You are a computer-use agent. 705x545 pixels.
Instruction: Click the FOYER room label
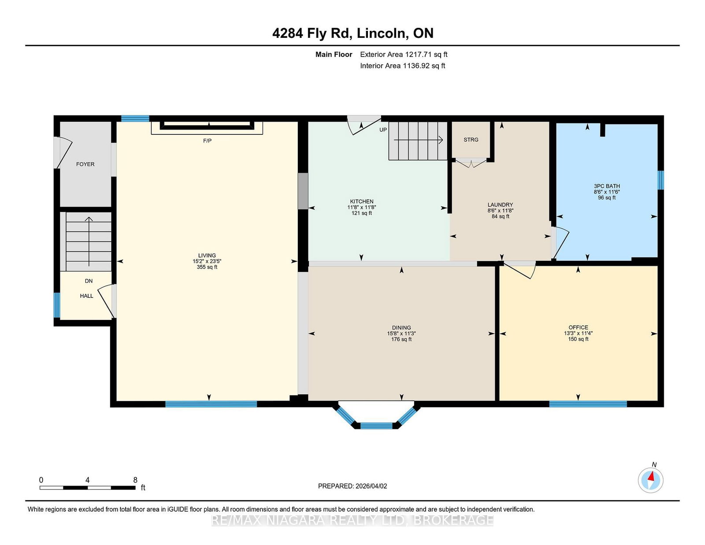tap(85, 164)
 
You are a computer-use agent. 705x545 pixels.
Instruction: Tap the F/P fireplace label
tap(208, 141)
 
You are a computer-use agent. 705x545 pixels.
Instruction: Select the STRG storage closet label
tap(471, 140)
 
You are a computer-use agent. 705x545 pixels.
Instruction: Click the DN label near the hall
tap(89, 281)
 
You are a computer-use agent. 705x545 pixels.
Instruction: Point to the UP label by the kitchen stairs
tap(383, 130)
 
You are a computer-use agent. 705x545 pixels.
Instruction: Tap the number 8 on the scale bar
tap(135, 480)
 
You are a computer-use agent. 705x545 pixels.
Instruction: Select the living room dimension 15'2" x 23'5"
tap(207, 261)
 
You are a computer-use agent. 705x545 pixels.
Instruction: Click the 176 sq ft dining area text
tap(401, 339)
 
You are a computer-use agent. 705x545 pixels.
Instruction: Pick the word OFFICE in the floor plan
tap(578, 327)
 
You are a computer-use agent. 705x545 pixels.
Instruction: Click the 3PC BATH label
tap(607, 186)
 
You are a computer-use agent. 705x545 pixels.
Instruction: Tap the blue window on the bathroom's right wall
tap(660, 180)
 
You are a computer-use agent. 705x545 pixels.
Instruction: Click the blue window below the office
tap(588, 404)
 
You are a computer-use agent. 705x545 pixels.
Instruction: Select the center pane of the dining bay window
tap(377, 426)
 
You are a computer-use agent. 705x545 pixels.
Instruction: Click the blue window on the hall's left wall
tap(57, 305)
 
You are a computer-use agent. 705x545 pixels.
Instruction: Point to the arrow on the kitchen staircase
tap(419, 140)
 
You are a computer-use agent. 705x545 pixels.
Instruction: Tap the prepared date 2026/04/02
tap(371, 486)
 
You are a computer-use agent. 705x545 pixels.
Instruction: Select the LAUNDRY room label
tap(500, 205)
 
